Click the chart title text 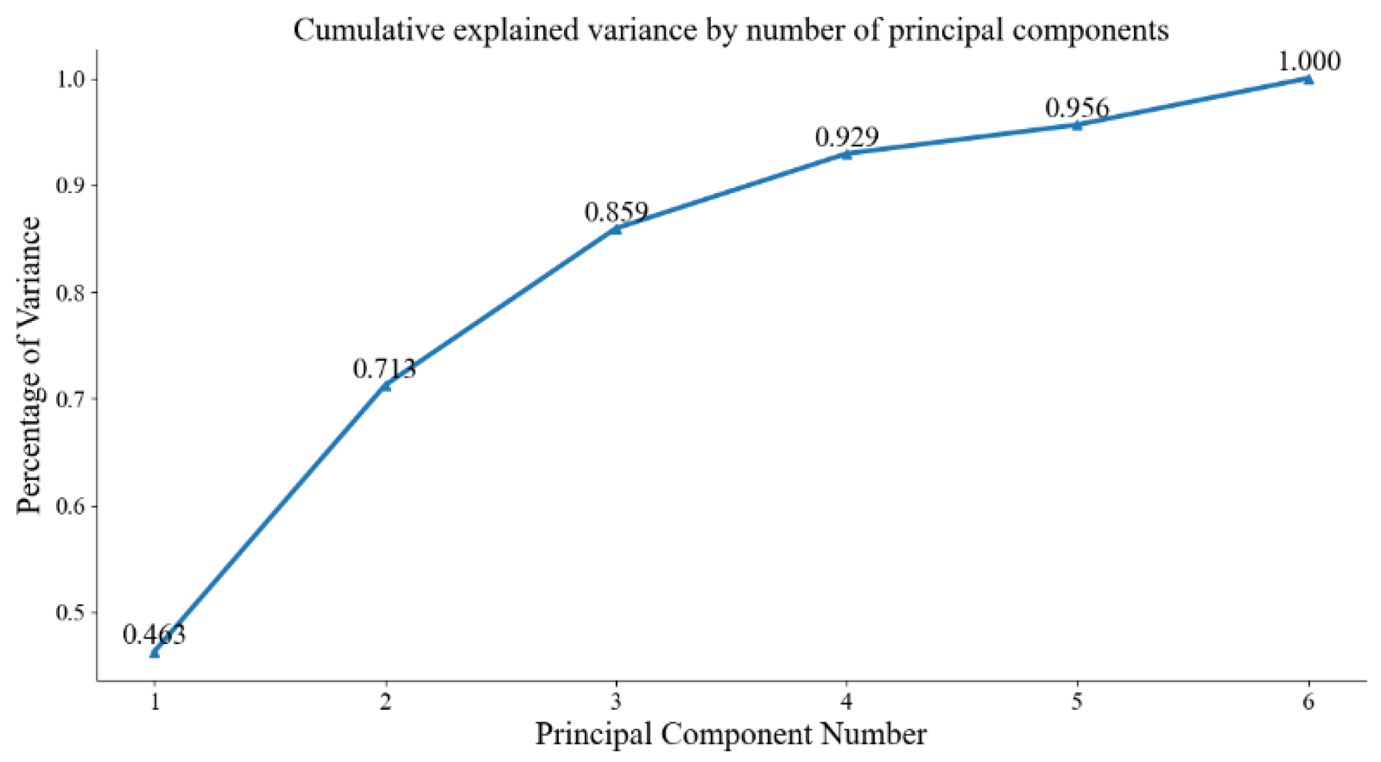click(730, 30)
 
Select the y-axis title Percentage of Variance click(29, 365)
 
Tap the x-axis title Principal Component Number click(730, 734)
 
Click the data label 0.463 click(155, 634)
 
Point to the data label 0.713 click(385, 369)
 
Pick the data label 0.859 click(616, 212)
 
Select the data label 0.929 click(847, 136)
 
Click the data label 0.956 click(1077, 108)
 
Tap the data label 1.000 click(1308, 61)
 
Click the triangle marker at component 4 click(846, 155)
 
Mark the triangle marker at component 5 click(1077, 125)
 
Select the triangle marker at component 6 click(1307, 80)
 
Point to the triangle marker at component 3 click(616, 229)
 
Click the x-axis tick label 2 click(385, 702)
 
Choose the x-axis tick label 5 click(1077, 702)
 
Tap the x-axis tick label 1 click(155, 702)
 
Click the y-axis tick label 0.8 click(71, 292)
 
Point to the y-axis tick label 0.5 click(71, 613)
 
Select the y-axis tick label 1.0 click(71, 80)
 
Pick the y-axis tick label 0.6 click(71, 506)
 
